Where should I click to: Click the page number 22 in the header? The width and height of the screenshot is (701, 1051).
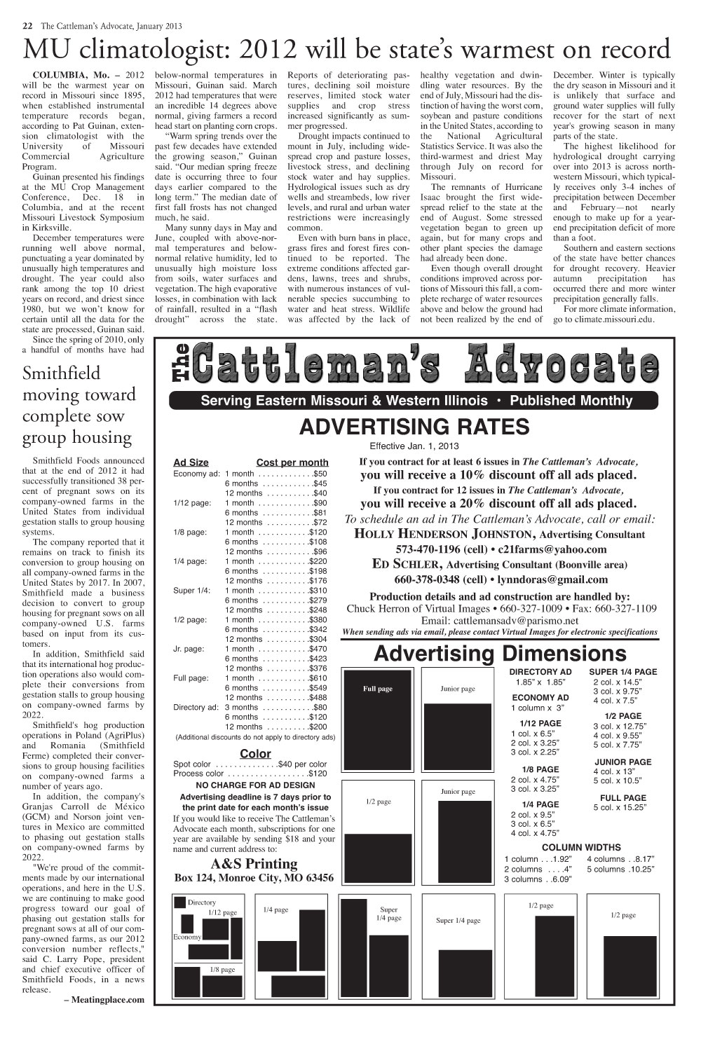(x=27, y=26)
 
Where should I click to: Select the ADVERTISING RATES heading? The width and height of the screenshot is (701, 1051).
(x=414, y=427)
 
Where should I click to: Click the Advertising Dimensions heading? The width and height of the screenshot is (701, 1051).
(x=500, y=654)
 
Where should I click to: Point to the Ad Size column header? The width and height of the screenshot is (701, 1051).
(x=191, y=462)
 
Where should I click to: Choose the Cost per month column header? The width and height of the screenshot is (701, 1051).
(x=292, y=462)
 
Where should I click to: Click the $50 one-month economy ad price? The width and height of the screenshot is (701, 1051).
(x=320, y=474)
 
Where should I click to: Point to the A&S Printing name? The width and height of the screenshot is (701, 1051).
(x=254, y=863)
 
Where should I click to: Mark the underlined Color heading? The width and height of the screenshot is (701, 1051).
(x=255, y=754)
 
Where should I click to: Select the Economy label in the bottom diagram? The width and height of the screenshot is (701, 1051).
(x=187, y=937)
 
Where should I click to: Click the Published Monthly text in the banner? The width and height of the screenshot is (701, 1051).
(x=571, y=401)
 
